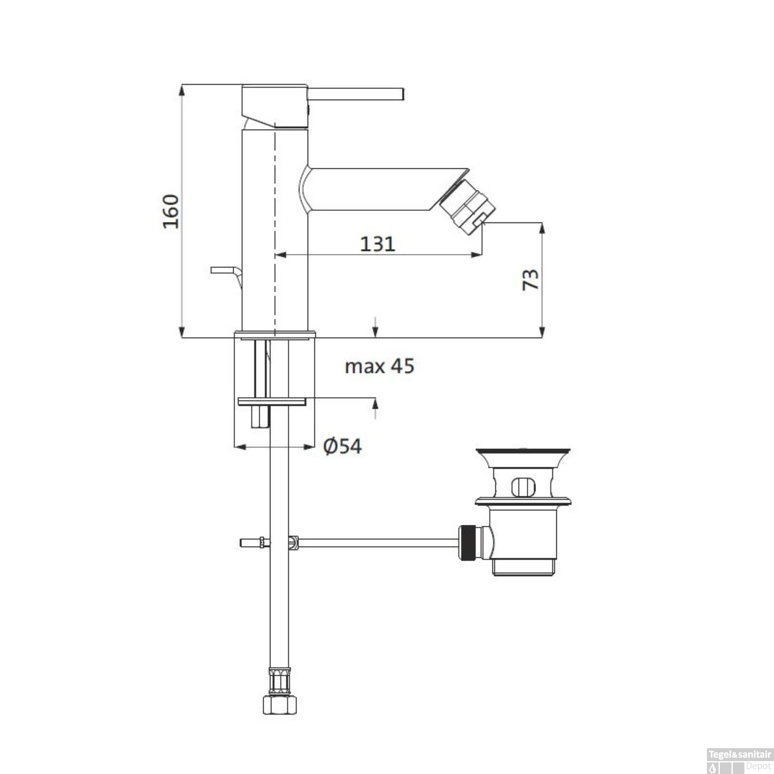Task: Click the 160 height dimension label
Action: coord(171,212)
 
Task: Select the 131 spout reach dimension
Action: coord(377,244)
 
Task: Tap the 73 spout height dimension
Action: coord(530,279)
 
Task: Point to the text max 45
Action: coord(379,366)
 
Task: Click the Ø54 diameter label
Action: coord(342,446)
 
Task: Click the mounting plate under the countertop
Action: coord(272,401)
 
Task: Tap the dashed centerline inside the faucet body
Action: coord(275,232)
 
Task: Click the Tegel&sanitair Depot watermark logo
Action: coord(739,759)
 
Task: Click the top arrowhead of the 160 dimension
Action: coord(182,90)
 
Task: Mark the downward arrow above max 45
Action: coord(376,330)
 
